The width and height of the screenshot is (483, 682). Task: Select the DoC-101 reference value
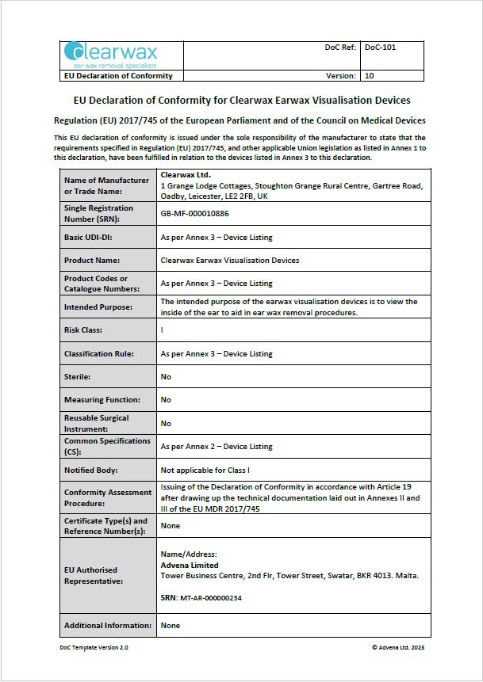click(380, 48)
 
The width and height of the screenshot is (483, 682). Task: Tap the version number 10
click(369, 76)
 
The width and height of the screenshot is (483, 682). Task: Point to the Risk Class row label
click(83, 330)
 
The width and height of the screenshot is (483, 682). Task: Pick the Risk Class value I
click(163, 330)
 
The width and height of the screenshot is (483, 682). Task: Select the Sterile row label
click(78, 377)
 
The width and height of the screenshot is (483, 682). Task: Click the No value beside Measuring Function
click(166, 400)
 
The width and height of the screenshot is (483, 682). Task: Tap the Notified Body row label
click(91, 471)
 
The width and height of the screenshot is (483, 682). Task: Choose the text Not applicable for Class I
click(205, 471)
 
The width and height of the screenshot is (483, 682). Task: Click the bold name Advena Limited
click(190, 566)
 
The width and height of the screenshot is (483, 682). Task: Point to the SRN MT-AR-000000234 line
click(201, 598)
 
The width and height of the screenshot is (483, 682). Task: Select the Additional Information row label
click(107, 626)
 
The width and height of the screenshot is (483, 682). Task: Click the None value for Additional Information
click(171, 626)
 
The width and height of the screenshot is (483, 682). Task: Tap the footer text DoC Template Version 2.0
click(94, 648)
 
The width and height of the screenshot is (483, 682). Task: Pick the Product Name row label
click(91, 260)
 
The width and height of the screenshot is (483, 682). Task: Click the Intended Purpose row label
click(98, 307)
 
